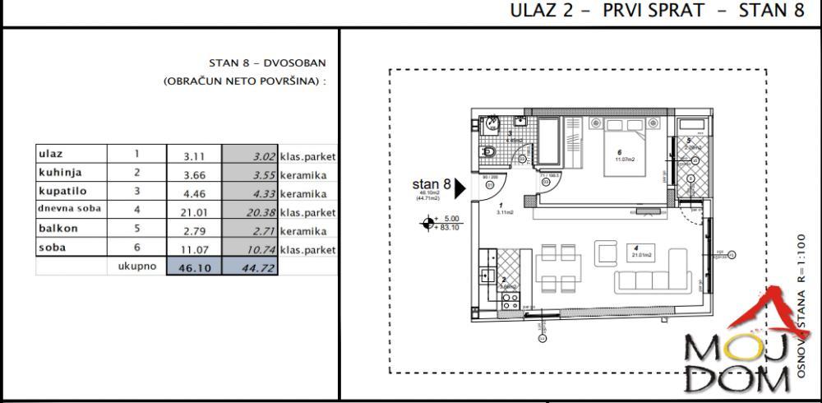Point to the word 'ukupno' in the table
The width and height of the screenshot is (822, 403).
coord(136,266)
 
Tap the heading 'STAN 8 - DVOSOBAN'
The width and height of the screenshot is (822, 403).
coord(267,63)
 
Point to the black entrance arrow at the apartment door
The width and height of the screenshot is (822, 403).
coord(460,188)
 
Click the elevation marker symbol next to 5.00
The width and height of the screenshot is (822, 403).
coord(427,223)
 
